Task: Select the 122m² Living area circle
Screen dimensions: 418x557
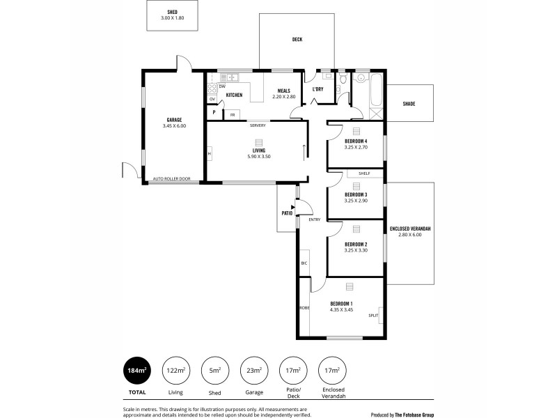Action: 175,371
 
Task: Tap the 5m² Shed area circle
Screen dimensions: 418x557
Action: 214,371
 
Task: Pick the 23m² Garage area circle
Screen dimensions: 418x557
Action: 253,371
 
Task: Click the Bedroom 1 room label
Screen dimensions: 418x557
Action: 341,303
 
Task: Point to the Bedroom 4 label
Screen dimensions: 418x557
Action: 356,141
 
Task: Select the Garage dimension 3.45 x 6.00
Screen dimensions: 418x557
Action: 174,126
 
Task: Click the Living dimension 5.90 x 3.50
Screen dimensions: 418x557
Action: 259,156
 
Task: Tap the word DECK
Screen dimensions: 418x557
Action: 297,40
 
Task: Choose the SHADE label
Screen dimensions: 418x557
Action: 409,104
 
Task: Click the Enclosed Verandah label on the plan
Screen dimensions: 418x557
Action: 411,229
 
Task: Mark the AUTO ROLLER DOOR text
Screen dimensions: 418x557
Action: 171,179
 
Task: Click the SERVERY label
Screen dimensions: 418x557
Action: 258,125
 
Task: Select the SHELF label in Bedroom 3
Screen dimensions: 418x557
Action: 363,173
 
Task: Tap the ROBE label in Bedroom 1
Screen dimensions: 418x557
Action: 304,307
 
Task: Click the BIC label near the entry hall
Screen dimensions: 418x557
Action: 304,263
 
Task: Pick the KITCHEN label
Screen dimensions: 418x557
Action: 233,95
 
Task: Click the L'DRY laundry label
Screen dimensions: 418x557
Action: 318,89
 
